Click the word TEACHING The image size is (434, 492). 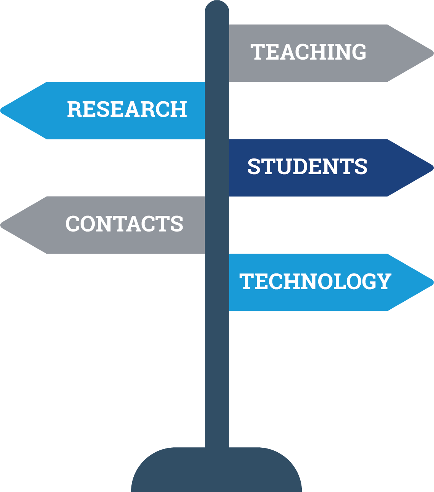(308, 52)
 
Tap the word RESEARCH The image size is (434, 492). (127, 109)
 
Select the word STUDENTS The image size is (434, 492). (307, 167)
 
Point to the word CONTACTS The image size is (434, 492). (124, 224)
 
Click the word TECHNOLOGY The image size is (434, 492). (315, 282)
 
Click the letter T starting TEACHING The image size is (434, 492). (257, 52)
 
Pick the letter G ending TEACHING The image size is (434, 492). (358, 52)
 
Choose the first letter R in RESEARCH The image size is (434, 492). (74, 109)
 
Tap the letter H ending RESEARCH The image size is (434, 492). (178, 109)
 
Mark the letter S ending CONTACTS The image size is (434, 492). (177, 224)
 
